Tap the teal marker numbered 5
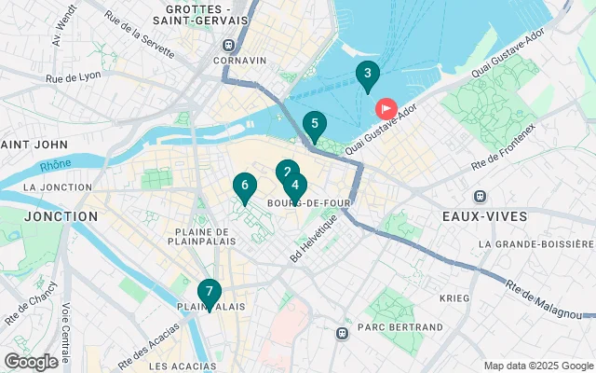pos(315,125)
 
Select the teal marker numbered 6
pos(244,186)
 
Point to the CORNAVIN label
pos(239,61)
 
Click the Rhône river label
pos(54,168)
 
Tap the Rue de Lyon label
pos(73,77)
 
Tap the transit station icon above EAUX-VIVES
pos(481,197)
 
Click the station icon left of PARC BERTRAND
pos(343,331)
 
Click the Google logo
pos(31,362)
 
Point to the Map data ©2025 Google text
pos(537,366)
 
